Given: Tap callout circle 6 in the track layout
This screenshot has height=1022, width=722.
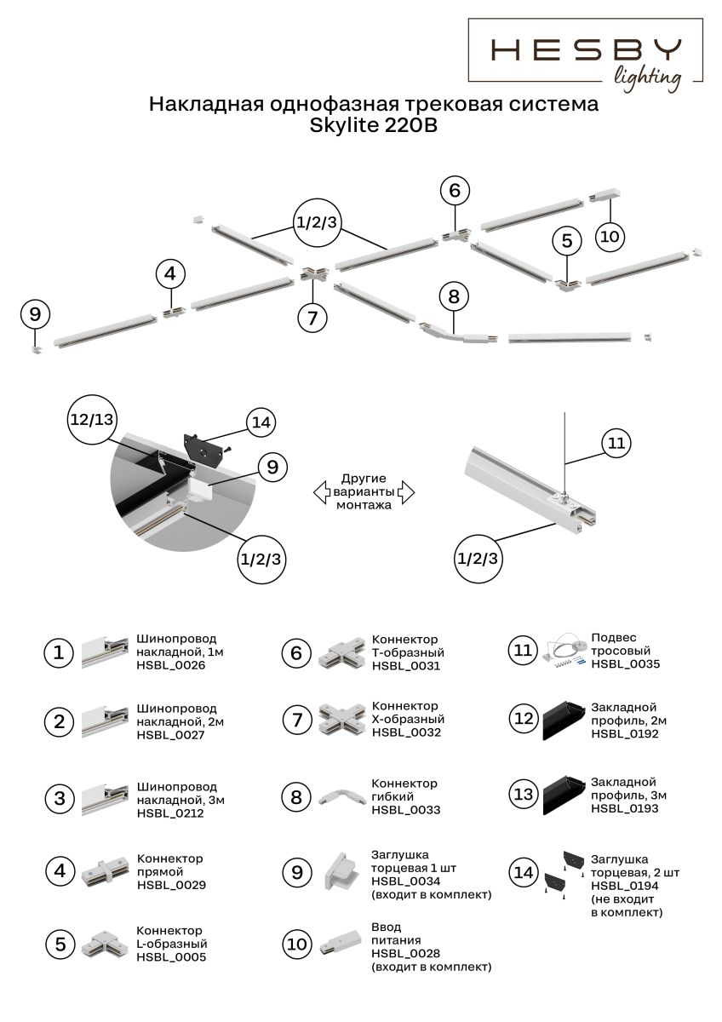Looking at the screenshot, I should (x=455, y=191).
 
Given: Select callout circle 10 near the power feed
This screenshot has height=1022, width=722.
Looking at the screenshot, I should (x=609, y=236).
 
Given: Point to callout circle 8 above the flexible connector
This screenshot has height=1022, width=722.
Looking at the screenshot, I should (x=454, y=296).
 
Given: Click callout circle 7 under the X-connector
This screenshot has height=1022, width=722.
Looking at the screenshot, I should (x=312, y=318).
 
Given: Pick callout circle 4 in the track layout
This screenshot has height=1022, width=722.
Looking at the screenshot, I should (x=170, y=274).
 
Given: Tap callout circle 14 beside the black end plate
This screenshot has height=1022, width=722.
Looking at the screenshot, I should (x=262, y=422).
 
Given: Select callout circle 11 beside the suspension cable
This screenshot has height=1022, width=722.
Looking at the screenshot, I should (x=618, y=443).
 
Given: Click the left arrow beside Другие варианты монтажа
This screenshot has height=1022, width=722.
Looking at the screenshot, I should (x=321, y=491).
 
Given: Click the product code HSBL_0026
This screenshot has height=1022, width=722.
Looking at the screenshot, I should (x=170, y=665).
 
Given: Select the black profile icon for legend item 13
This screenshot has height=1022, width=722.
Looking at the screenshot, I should (x=563, y=794).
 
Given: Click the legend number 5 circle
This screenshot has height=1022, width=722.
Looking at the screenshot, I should (x=60, y=944).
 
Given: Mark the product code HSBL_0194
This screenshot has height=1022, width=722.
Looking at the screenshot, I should (x=625, y=886).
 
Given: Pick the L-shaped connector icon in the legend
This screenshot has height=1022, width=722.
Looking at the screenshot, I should (x=105, y=944).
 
